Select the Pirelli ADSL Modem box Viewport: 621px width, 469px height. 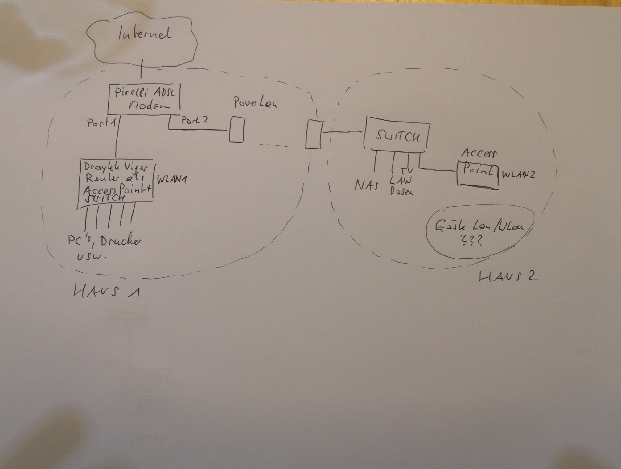[x=144, y=99]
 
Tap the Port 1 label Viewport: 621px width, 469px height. [x=101, y=123]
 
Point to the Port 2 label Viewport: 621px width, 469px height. [x=195, y=120]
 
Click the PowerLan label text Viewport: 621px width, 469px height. [x=255, y=103]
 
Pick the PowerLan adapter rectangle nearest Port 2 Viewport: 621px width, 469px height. [x=237, y=130]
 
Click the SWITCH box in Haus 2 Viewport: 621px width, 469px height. [x=397, y=136]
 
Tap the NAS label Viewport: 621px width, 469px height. [x=366, y=185]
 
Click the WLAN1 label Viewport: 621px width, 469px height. [x=172, y=180]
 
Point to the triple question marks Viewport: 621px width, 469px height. [x=472, y=241]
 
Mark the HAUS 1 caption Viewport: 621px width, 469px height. [x=106, y=292]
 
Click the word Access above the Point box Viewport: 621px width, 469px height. [x=479, y=153]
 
